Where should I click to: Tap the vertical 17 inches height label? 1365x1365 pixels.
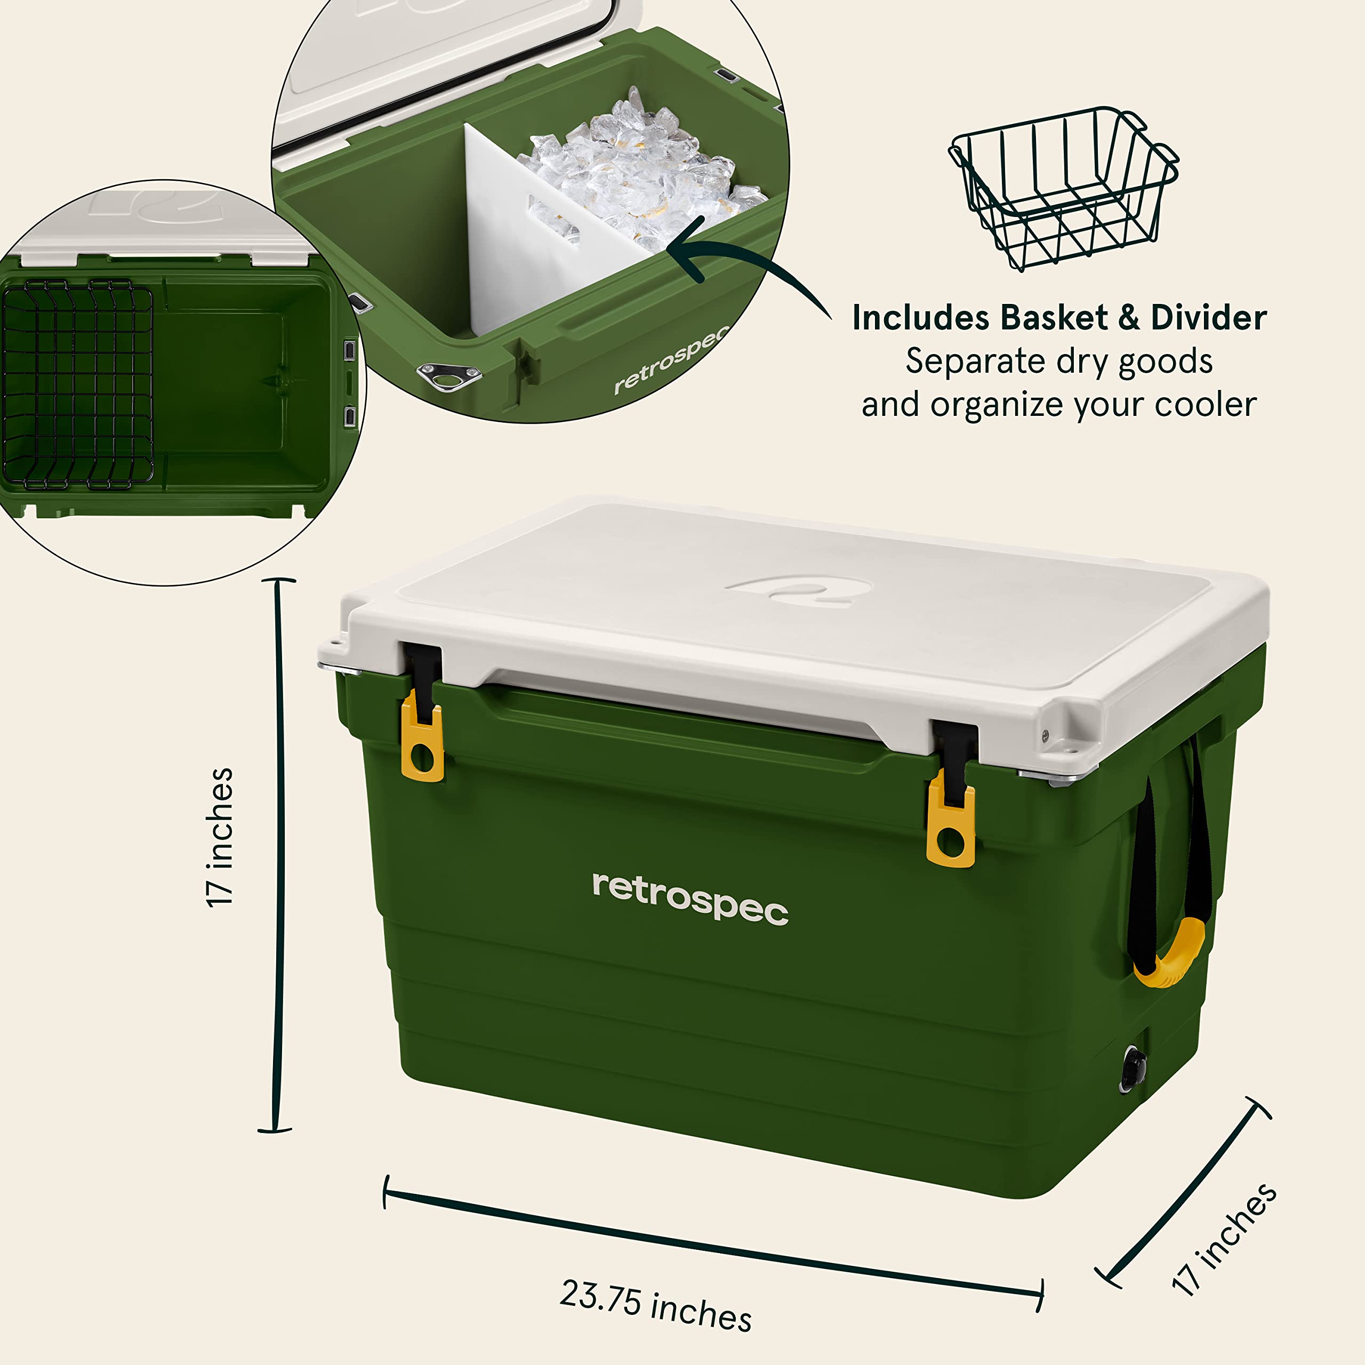pos(220,837)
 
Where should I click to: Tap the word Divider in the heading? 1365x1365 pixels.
pos(1208,318)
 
